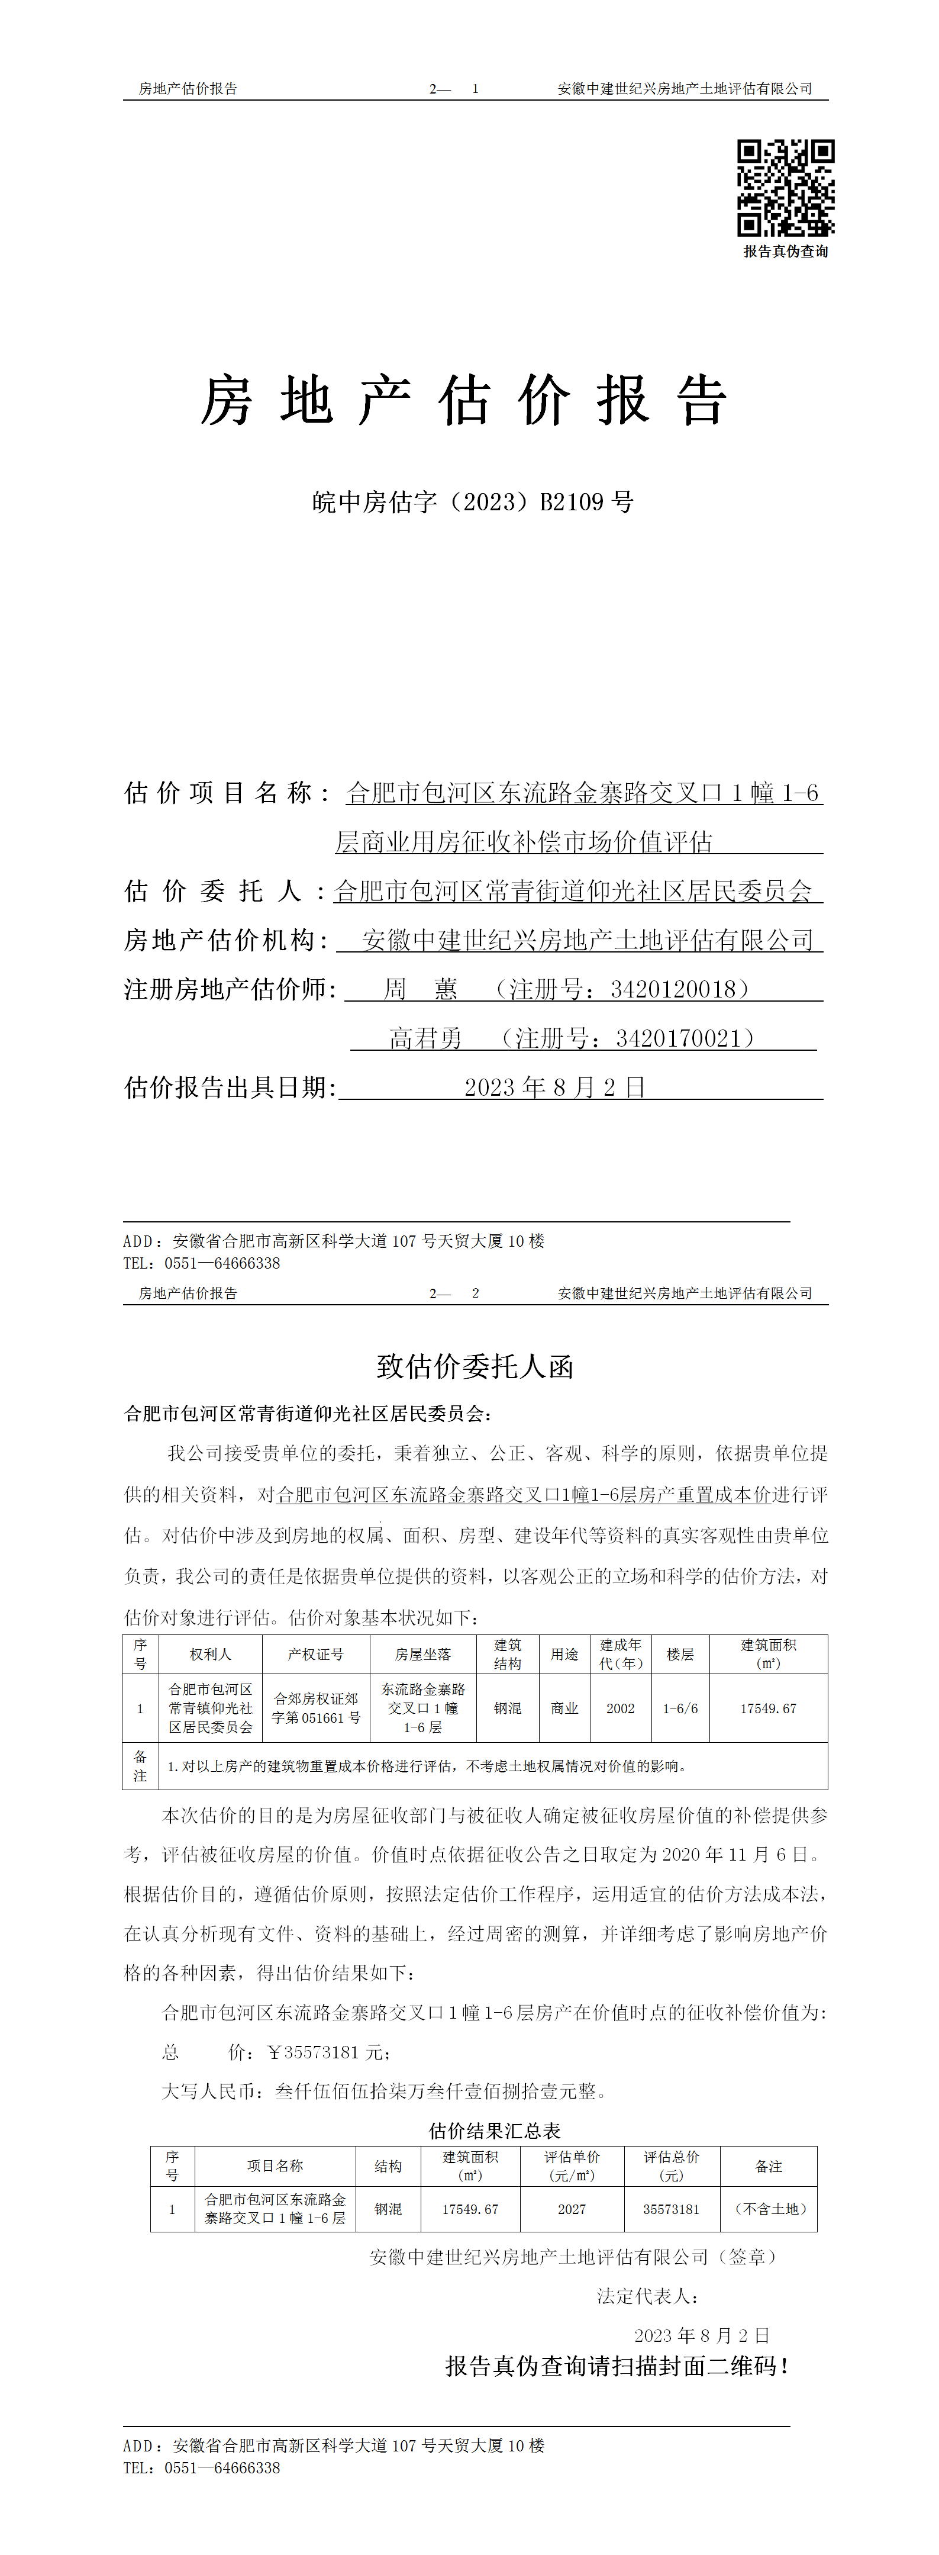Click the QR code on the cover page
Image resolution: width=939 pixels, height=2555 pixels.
coord(785,188)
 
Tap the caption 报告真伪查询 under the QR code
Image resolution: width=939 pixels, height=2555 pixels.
coord(785,252)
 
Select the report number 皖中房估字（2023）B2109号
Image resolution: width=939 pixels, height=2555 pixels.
coord(473,502)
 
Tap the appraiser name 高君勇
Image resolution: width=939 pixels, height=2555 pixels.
coord(425,1038)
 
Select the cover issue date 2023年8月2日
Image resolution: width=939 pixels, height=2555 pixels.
coord(555,1087)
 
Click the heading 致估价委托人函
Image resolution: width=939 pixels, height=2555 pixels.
coord(475,1367)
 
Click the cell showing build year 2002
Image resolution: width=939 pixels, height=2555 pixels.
coord(621,1708)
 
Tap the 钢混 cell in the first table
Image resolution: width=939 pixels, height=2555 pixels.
coord(508,1708)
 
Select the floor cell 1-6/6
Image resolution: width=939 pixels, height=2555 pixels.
coord(680,1708)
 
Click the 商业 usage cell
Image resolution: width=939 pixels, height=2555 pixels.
coord(564,1708)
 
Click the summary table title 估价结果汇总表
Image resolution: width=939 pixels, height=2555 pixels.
coord(494,2131)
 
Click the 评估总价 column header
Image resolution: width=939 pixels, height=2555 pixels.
coord(672,2165)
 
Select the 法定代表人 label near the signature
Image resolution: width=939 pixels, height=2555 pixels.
coord(647,2295)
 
